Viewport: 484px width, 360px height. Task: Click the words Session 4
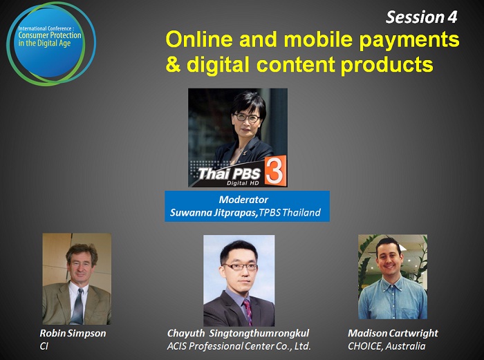click(x=421, y=17)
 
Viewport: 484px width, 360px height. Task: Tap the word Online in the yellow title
click(x=199, y=39)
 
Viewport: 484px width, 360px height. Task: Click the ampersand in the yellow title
click(x=173, y=64)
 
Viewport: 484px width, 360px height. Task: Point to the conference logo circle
click(x=51, y=44)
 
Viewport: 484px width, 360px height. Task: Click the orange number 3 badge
click(x=275, y=171)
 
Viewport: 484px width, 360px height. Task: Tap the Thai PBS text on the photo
click(x=229, y=173)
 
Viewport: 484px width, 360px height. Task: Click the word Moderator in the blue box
click(x=243, y=200)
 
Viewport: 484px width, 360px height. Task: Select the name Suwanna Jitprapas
click(x=214, y=213)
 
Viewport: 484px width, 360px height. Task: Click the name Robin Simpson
click(x=73, y=333)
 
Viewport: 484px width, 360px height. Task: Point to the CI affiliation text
click(x=44, y=346)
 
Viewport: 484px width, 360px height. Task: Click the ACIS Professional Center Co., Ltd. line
click(x=239, y=346)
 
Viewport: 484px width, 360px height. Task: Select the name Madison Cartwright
click(x=393, y=333)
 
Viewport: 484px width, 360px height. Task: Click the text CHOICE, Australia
click(x=387, y=346)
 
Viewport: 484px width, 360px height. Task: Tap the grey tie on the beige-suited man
click(x=77, y=306)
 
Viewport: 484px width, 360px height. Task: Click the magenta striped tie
click(x=248, y=312)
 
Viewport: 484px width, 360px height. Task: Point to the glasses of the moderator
click(x=247, y=117)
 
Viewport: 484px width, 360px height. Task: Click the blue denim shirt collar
click(x=391, y=283)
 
